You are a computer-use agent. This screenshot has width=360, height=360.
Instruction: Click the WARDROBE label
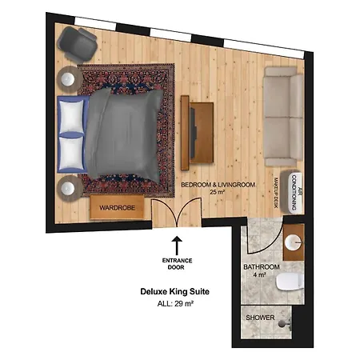118,208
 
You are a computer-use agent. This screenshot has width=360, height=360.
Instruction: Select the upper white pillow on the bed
71,116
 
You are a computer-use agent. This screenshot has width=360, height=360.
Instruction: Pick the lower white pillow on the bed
71,153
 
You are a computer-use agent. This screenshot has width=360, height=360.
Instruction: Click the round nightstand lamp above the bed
68,79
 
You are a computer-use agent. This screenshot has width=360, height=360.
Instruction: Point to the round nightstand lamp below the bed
68,189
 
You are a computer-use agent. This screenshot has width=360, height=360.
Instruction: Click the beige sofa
283,117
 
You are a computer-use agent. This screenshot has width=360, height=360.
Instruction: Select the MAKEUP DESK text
276,193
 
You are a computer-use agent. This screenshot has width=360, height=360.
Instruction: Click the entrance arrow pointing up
177,246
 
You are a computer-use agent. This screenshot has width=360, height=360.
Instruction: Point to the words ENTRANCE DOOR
177,264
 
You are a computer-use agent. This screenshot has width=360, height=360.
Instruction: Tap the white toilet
290,282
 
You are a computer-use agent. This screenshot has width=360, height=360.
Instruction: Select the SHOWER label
260,318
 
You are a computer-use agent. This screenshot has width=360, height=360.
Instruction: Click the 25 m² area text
217,192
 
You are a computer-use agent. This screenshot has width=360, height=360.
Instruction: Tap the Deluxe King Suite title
174,291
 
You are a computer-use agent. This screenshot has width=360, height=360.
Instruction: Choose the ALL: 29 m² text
175,303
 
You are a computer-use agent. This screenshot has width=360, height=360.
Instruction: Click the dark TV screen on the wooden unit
193,132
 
